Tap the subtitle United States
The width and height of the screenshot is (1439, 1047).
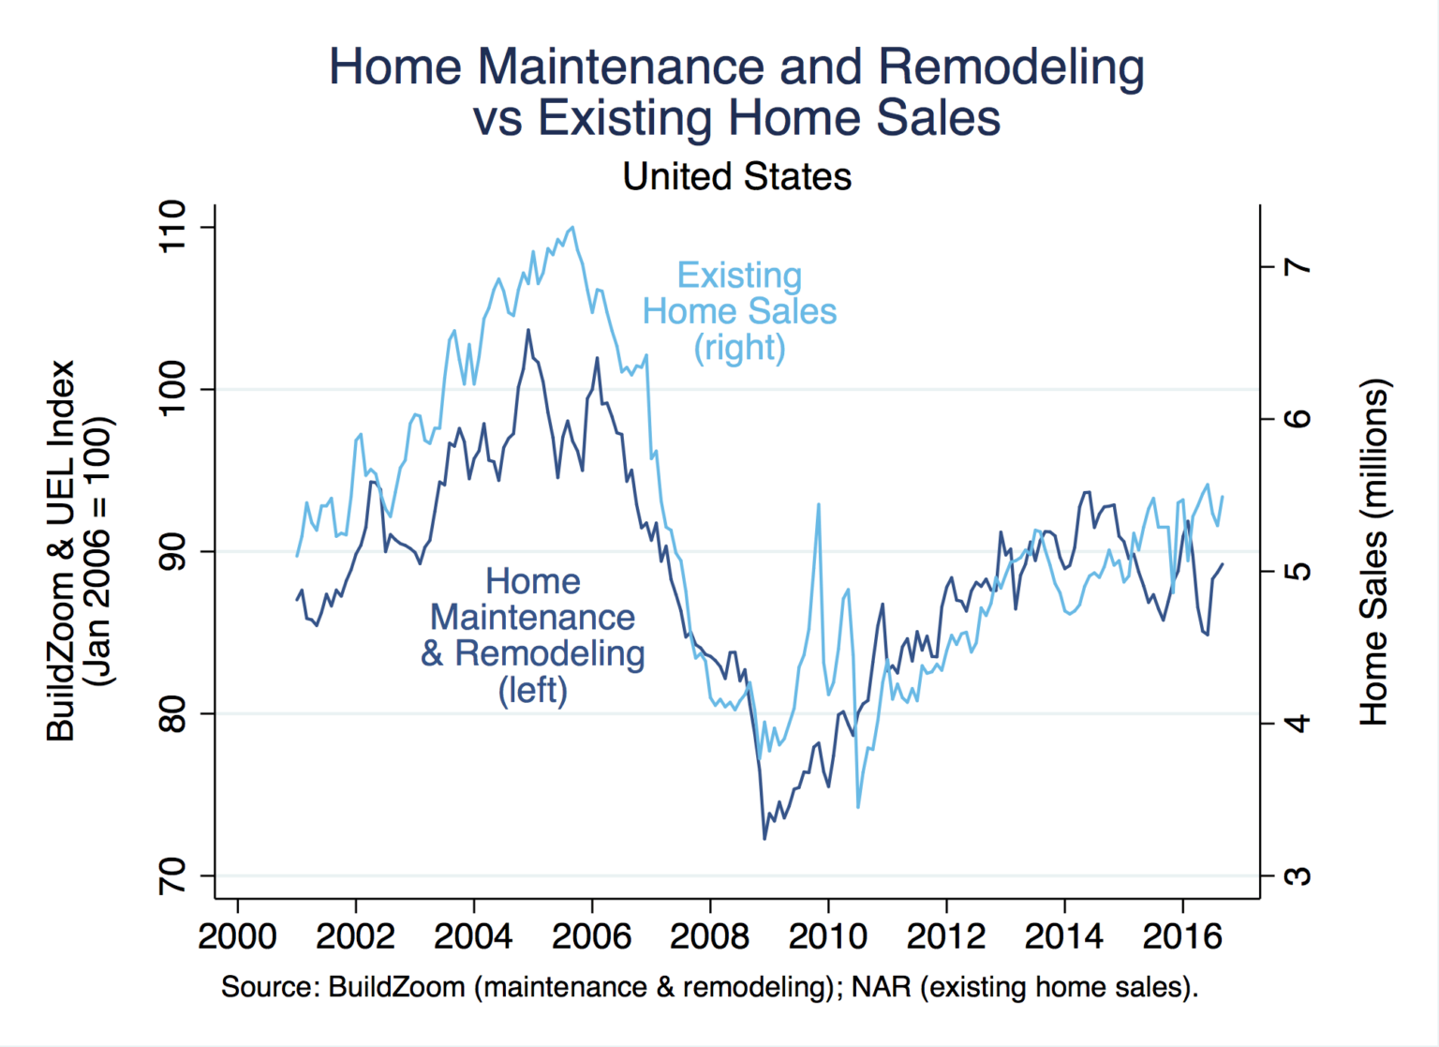(736, 176)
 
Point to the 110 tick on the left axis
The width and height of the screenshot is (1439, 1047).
(173, 227)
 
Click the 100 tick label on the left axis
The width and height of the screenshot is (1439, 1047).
(173, 389)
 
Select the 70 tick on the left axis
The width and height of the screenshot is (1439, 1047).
(173, 875)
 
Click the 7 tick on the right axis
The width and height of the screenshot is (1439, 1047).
(1298, 267)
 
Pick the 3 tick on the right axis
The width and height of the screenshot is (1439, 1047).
(1298, 875)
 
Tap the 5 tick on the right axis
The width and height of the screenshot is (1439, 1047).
(1298, 571)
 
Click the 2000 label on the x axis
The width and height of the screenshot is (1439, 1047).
(237, 935)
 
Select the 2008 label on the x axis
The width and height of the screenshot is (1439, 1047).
(710, 935)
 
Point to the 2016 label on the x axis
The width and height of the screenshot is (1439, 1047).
(1182, 935)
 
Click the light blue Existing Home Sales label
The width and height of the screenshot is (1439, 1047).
(739, 311)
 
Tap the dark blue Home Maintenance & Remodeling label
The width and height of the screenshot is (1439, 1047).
(532, 636)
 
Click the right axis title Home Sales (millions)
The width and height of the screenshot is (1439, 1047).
(1373, 552)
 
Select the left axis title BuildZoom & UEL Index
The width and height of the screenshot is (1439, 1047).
(60, 551)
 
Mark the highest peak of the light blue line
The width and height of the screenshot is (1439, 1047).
(572, 227)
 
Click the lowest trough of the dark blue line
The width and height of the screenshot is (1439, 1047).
(764, 838)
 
